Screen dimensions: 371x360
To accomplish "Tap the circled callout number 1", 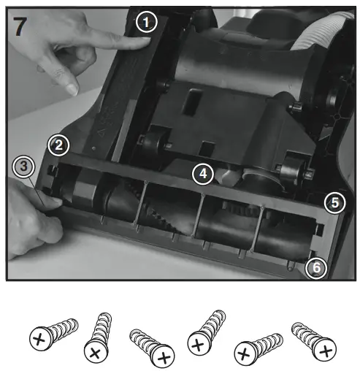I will point(147,23).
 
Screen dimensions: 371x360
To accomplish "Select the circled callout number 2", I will point(59,145).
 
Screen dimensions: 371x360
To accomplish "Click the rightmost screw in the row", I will point(310,340).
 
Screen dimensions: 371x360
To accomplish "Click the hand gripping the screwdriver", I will point(33,219).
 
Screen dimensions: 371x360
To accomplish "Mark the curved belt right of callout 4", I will point(256,175).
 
